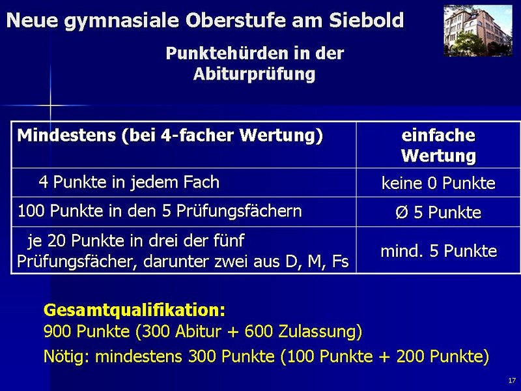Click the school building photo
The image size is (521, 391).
pyautogui.click(x=478, y=31)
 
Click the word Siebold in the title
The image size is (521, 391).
pyautogui.click(x=367, y=20)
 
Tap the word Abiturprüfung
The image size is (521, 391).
pyautogui.click(x=254, y=74)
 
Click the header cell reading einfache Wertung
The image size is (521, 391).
pyautogui.click(x=438, y=145)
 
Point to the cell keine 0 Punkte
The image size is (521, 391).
pyautogui.click(x=438, y=183)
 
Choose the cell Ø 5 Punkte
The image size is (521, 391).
pyautogui.click(x=438, y=212)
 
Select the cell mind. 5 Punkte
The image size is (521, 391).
pyautogui.click(x=438, y=251)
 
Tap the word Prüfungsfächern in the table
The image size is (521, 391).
pyautogui.click(x=239, y=211)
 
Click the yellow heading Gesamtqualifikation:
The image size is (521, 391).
pyautogui.click(x=134, y=311)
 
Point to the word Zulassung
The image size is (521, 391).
pyautogui.click(x=320, y=332)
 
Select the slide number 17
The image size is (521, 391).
pyautogui.click(x=512, y=381)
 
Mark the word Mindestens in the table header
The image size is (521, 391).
pyautogui.click(x=66, y=136)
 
